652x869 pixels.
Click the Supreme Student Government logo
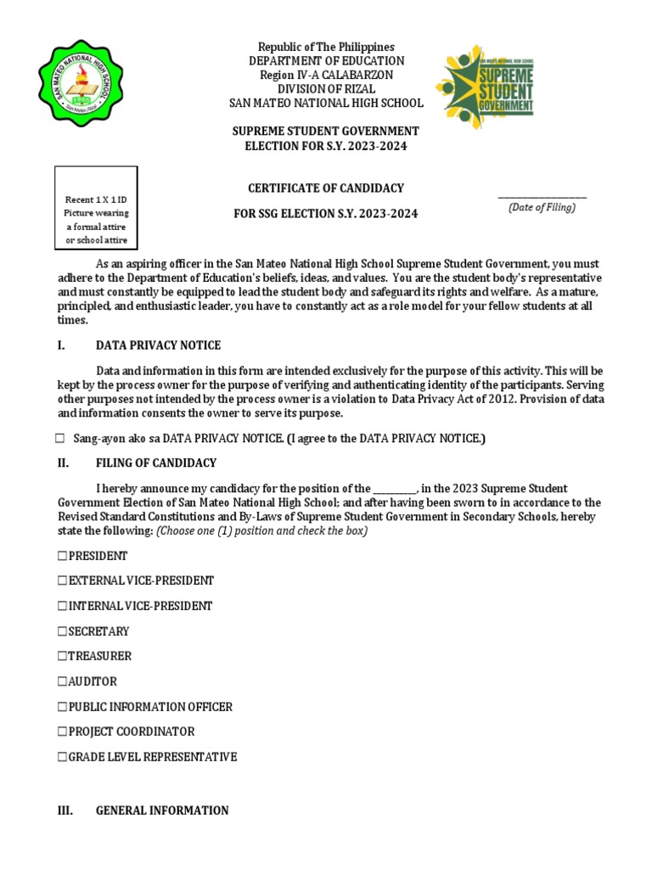point(486,87)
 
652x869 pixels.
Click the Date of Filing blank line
point(542,196)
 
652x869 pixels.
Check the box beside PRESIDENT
point(62,557)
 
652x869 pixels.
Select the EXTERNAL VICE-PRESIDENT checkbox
point(62,581)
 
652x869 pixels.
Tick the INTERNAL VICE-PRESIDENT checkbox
point(62,607)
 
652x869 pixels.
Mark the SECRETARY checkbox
point(62,631)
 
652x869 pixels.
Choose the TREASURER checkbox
point(62,657)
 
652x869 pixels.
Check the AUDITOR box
point(62,681)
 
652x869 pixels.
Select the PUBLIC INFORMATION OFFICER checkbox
point(62,707)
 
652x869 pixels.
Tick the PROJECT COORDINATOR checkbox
point(62,732)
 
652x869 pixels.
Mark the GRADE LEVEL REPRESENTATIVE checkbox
point(62,757)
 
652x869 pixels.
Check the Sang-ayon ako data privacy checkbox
point(60,439)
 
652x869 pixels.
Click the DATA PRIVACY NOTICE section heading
point(158,345)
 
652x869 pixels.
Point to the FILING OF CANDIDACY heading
point(155,463)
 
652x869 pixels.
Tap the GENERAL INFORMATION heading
point(162,810)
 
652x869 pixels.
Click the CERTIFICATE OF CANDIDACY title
point(326,188)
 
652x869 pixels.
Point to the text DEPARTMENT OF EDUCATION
point(326,61)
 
